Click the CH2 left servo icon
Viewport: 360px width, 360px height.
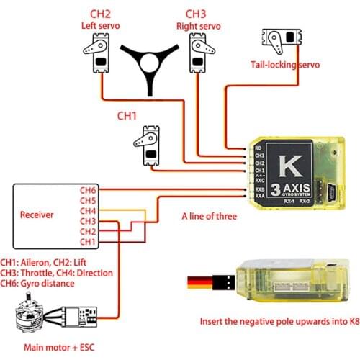pos(99,54)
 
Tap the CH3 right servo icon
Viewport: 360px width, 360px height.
pos(199,54)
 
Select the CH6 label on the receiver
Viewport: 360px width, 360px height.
pos(87,190)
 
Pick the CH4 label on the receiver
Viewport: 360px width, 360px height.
pos(87,211)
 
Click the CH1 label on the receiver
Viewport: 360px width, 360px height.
pos(87,242)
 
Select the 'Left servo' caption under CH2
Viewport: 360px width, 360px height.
pos(101,26)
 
